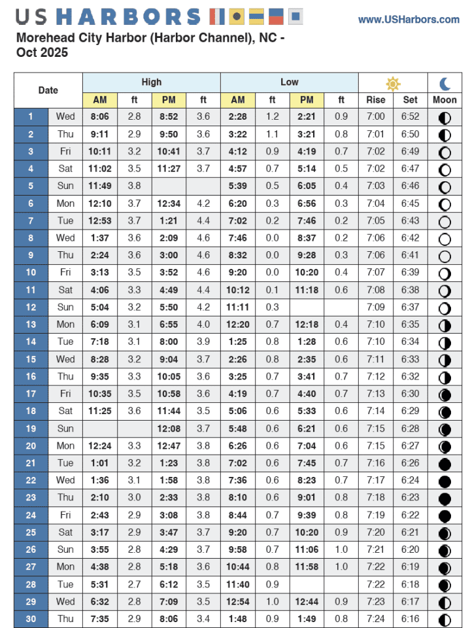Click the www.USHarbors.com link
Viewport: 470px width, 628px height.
coord(409,20)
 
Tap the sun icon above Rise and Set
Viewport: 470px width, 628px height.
coord(392,83)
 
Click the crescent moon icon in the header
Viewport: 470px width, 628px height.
coord(445,83)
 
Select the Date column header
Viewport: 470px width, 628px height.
coord(48,91)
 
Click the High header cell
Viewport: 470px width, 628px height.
coord(152,82)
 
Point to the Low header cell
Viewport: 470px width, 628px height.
coord(290,82)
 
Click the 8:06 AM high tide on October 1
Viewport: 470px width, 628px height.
coord(100,116)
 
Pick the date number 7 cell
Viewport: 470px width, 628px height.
coord(30,220)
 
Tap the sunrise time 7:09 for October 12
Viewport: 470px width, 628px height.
coord(375,307)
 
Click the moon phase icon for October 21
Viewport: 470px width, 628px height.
coord(445,463)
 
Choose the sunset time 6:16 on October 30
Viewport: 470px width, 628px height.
coord(411,619)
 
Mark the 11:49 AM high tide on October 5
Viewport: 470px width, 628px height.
coord(100,186)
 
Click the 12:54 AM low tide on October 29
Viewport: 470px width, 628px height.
coord(238,602)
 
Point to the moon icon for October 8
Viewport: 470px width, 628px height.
coord(445,238)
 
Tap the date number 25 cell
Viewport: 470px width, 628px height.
coord(30,532)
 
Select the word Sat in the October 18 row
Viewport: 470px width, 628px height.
coord(65,411)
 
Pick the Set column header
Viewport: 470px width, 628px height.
coord(411,100)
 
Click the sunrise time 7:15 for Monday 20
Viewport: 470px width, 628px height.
coord(375,445)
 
